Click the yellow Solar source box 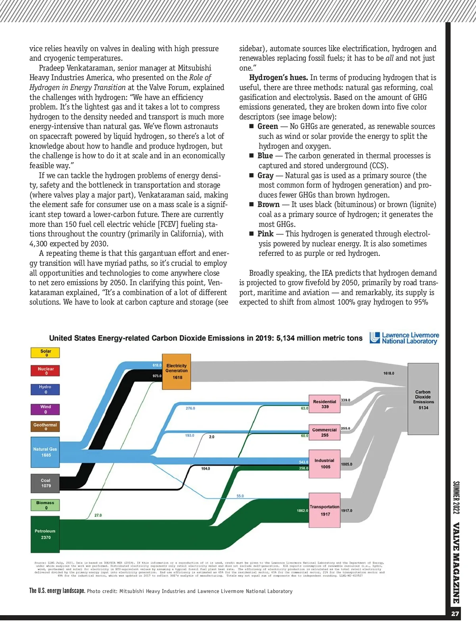pyautogui.click(x=45, y=353)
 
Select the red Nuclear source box pyautogui.click(x=45, y=370)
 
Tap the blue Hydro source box pyautogui.click(x=45, y=389)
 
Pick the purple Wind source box pyautogui.click(x=45, y=409)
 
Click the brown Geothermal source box pyautogui.click(x=45, y=426)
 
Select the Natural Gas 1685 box pyautogui.click(x=45, y=452)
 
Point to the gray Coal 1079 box pyautogui.click(x=45, y=483)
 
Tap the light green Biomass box pyautogui.click(x=45, y=505)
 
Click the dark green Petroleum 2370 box pyautogui.click(x=45, y=534)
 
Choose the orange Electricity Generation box pyautogui.click(x=177, y=372)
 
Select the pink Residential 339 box pyautogui.click(x=324, y=404)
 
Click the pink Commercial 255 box pyautogui.click(x=324, y=432)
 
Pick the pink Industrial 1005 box pyautogui.click(x=324, y=464)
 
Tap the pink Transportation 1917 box pyautogui.click(x=324, y=510)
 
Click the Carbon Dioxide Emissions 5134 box pyautogui.click(x=423, y=399)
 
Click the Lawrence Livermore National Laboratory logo pyautogui.click(x=404, y=338)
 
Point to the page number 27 pyautogui.click(x=455, y=614)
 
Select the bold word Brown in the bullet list pyautogui.click(x=269, y=205)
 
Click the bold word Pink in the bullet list pyautogui.click(x=265, y=234)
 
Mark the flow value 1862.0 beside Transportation pyautogui.click(x=302, y=510)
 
